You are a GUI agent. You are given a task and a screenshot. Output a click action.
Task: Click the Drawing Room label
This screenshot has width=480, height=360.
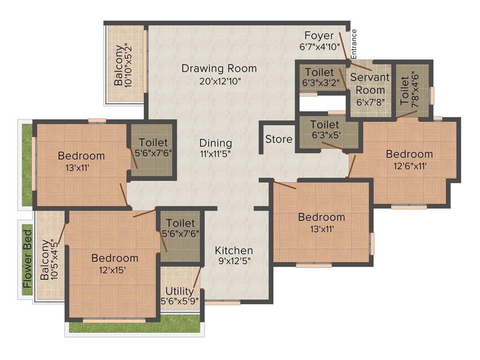pos(219,68)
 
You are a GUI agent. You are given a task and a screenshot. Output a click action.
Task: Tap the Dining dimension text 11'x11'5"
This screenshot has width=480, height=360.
pos(216,153)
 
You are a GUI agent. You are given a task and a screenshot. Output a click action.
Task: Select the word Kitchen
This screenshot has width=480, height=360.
pos(234,250)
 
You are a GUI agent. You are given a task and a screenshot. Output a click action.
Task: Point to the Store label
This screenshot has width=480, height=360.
pos(279,139)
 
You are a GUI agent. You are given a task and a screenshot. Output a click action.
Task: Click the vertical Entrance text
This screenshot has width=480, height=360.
pos(354,44)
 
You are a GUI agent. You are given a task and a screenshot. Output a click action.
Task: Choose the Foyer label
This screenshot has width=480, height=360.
pos(319,36)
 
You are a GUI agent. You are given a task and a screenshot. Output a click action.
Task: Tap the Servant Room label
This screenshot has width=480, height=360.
pos(370,83)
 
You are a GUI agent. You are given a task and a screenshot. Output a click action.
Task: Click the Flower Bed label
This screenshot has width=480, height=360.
pos(28,259)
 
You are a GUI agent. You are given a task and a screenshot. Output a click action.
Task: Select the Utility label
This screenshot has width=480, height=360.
pos(180,291)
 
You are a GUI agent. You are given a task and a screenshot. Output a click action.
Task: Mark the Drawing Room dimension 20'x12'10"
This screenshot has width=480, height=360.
pos(219,81)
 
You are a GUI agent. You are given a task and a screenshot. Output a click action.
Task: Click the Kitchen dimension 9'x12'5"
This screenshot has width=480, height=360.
pos(234,262)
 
